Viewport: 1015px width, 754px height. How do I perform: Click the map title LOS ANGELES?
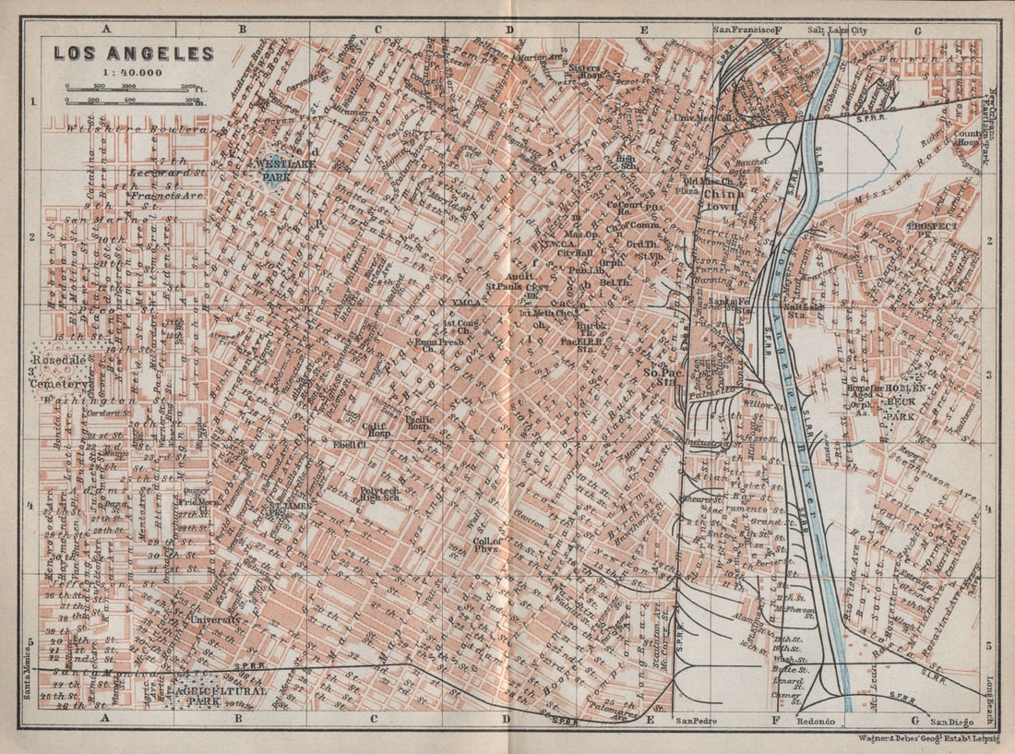coord(133,54)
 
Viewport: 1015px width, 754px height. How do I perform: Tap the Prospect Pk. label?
coord(932,230)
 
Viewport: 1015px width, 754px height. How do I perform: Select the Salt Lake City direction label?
coord(837,30)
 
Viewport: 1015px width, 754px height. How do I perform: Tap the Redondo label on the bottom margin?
coord(815,721)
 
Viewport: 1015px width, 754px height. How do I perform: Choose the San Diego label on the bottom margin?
coord(952,721)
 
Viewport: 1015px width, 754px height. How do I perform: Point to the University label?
coord(215,619)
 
